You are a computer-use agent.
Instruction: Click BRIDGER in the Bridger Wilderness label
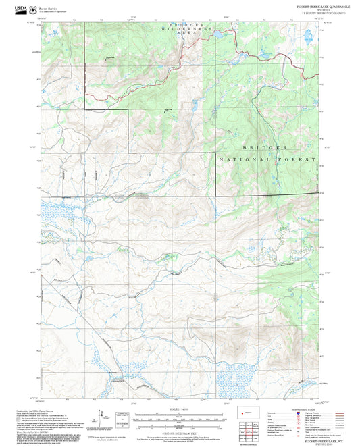[182, 25]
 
